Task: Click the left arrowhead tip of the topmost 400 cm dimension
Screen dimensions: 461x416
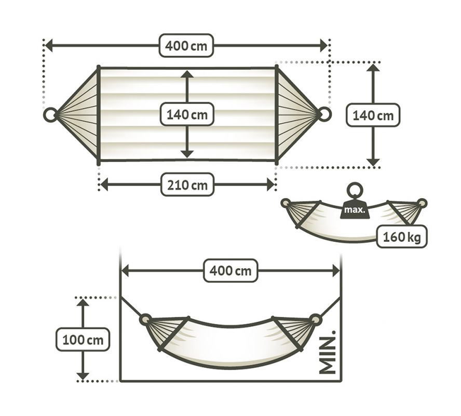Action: (x=45, y=45)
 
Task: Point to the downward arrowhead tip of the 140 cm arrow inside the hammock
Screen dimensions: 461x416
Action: (x=187, y=158)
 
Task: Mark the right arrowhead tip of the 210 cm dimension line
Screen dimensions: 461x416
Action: (x=275, y=185)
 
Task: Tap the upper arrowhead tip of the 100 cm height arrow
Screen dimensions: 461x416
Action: (x=83, y=299)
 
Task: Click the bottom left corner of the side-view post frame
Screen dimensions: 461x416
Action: (x=120, y=381)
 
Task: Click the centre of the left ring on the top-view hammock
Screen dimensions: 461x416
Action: (x=50, y=114)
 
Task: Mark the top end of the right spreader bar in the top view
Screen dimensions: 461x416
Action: (x=276, y=67)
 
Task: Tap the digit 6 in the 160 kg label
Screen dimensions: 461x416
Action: (x=394, y=237)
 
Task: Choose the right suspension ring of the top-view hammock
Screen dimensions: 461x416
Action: (x=324, y=114)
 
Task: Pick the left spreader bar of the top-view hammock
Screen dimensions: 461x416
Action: (x=99, y=115)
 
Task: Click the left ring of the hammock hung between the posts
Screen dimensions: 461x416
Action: (x=146, y=320)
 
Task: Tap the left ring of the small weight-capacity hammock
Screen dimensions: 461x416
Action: (x=286, y=203)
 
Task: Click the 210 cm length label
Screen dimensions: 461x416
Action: (x=187, y=185)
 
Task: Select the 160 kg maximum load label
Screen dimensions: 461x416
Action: (x=402, y=237)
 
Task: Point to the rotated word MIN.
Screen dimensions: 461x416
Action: (x=327, y=353)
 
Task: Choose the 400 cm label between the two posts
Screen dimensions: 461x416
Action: (x=231, y=270)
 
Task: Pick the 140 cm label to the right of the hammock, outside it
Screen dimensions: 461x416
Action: (x=373, y=115)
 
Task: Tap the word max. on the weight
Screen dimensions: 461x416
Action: (x=355, y=210)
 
